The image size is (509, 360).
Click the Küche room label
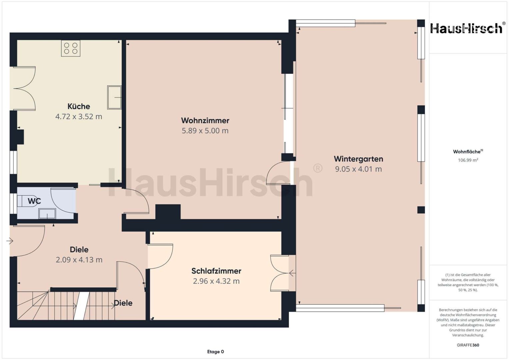coord(79,106)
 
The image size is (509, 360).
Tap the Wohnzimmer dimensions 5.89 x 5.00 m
coord(205,131)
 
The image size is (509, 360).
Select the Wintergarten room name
coord(358,159)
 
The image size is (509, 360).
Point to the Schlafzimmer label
coord(216,271)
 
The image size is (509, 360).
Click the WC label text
coord(34,201)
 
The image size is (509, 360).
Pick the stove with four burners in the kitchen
coord(71,48)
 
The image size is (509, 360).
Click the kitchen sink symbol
coord(114,97)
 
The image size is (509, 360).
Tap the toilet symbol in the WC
coord(28,201)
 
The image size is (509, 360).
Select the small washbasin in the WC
coord(47,214)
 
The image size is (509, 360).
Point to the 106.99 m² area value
coord(468,160)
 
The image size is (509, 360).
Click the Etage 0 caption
coord(215,352)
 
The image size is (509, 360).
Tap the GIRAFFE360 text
coord(468,345)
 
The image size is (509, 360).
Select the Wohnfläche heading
coord(468,152)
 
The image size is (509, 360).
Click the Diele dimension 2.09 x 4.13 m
coord(79,260)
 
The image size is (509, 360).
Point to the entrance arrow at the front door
coord(10,241)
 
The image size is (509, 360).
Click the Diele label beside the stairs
coord(123,303)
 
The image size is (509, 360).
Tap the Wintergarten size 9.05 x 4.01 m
coord(358,169)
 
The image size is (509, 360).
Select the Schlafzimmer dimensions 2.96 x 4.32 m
coord(216,281)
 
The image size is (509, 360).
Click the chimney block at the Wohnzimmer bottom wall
coord(168,212)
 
